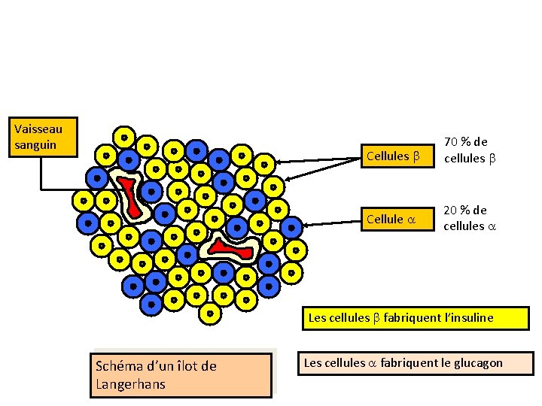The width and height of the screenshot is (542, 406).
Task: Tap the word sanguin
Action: (35, 144)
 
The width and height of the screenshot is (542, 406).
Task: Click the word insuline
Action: (469, 318)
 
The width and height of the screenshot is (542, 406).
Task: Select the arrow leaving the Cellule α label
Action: (331, 222)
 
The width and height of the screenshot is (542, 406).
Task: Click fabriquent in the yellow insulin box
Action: (410, 318)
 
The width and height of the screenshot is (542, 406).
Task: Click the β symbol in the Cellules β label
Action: (415, 156)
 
